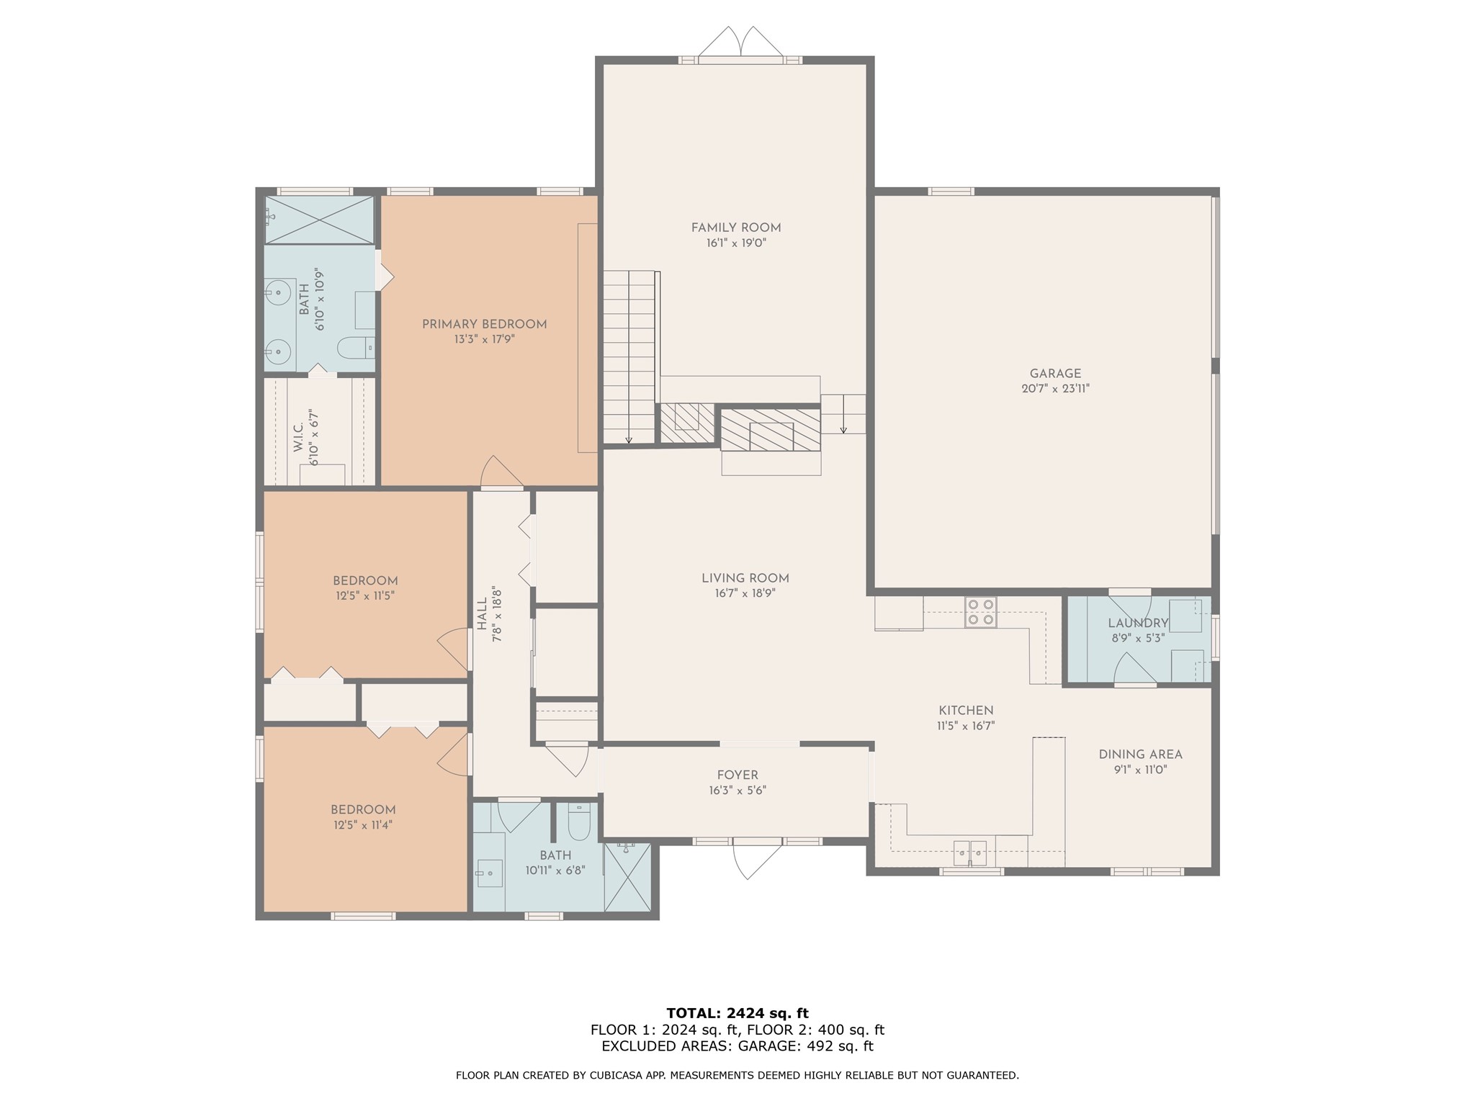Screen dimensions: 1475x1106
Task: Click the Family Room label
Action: coord(736,228)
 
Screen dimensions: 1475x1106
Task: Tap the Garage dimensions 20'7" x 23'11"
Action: coord(1055,389)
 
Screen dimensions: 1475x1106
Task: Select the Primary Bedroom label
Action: coord(485,324)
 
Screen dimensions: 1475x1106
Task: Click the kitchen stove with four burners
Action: coord(981,612)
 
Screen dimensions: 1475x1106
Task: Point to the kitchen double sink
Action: coord(970,853)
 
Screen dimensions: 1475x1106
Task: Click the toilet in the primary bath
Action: coord(356,348)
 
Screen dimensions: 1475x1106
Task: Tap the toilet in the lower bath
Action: coord(580,822)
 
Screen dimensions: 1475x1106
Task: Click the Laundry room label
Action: coord(1138,623)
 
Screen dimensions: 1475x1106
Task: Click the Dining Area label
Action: coord(1140,755)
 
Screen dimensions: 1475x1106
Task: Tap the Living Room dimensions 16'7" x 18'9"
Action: coord(745,593)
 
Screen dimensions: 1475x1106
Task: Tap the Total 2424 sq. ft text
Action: coord(737,1013)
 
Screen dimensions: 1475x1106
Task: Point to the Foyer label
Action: coord(737,775)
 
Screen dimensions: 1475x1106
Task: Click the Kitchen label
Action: coord(966,711)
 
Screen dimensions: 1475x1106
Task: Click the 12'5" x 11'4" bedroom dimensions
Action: coord(363,825)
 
